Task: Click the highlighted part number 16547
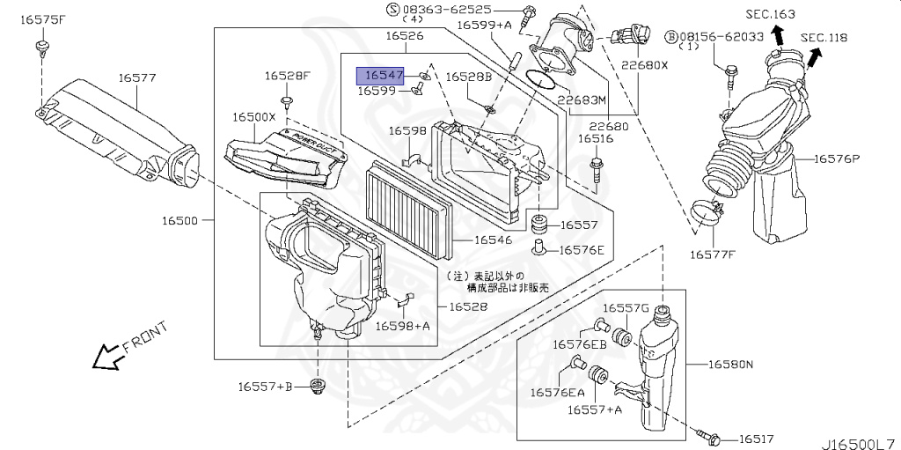[x=384, y=77]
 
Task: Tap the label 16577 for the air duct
[x=137, y=78]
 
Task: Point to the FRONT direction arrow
[x=109, y=354]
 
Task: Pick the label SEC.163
[x=770, y=14]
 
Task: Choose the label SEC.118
[x=824, y=37]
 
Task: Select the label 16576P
[x=837, y=159]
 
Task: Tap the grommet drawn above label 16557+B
[x=317, y=387]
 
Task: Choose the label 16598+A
[x=403, y=326]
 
